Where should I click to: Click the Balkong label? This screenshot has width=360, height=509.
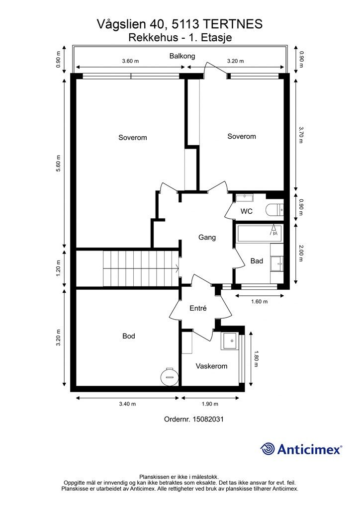(182, 56)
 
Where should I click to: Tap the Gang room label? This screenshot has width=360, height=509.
(207, 237)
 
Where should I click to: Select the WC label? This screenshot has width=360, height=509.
(247, 211)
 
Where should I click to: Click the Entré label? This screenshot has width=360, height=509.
(198, 308)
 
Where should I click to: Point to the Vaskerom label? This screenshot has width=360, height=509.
(211, 366)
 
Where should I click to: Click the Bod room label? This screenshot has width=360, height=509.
(129, 336)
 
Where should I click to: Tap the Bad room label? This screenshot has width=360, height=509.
(257, 261)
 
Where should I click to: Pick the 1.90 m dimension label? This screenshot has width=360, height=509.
(210, 404)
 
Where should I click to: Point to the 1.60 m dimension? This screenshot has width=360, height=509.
(260, 302)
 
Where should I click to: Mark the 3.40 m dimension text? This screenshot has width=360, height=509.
(127, 404)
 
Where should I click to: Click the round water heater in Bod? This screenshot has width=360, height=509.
(169, 377)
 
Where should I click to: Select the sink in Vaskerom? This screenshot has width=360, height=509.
(230, 341)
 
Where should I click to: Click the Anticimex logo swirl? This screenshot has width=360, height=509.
(268, 449)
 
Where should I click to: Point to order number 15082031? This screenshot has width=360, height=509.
(208, 419)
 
